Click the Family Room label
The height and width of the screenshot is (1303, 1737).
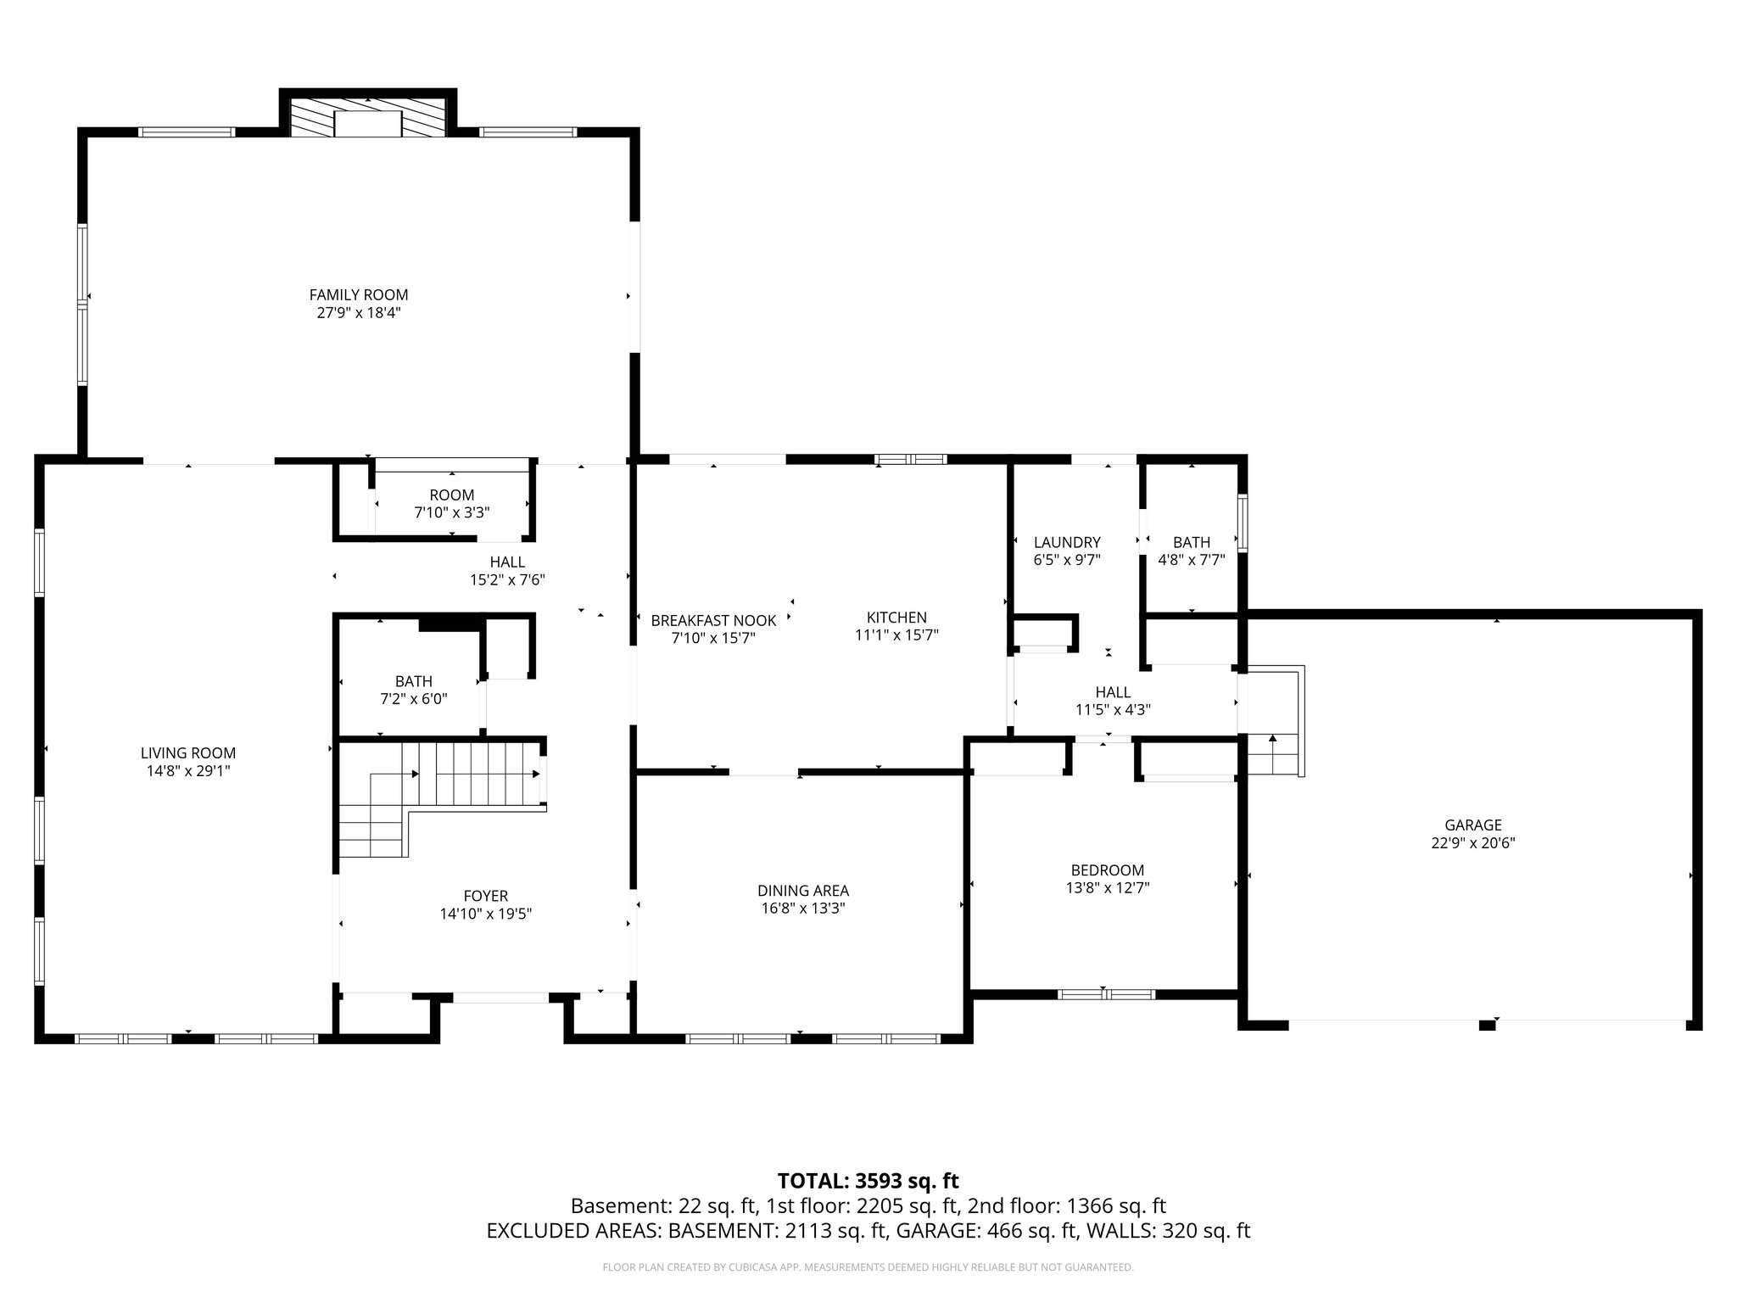(358, 295)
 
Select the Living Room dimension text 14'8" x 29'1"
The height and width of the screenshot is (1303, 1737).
(188, 771)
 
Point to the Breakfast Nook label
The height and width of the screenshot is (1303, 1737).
(713, 621)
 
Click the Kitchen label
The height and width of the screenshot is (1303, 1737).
(896, 618)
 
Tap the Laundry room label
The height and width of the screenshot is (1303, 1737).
(1067, 542)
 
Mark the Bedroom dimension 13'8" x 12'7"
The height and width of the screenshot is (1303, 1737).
(1107, 888)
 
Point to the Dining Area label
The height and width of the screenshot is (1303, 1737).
(802, 891)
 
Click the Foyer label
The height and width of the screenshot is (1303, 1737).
(485, 896)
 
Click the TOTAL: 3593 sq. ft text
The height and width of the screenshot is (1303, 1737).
(868, 1180)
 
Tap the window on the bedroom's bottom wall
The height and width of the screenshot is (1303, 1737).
(1106, 994)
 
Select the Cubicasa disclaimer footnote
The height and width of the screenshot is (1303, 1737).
(868, 1267)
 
